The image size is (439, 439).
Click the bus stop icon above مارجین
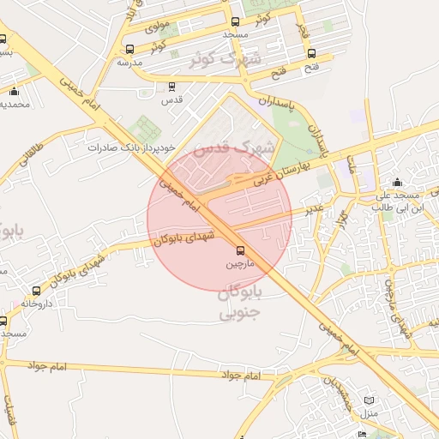click(240, 251)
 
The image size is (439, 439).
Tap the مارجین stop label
click(240, 265)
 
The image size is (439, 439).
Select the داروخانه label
click(36, 304)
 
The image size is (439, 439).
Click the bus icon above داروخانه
click(36, 292)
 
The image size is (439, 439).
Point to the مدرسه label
click(129, 63)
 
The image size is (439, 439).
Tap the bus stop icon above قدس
click(172, 87)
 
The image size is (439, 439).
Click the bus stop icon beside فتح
click(311, 53)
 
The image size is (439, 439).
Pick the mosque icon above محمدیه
click(14, 91)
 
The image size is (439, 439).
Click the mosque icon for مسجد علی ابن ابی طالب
click(396, 183)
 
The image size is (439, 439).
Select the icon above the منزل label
click(369, 400)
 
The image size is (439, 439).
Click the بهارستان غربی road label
click(280, 172)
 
